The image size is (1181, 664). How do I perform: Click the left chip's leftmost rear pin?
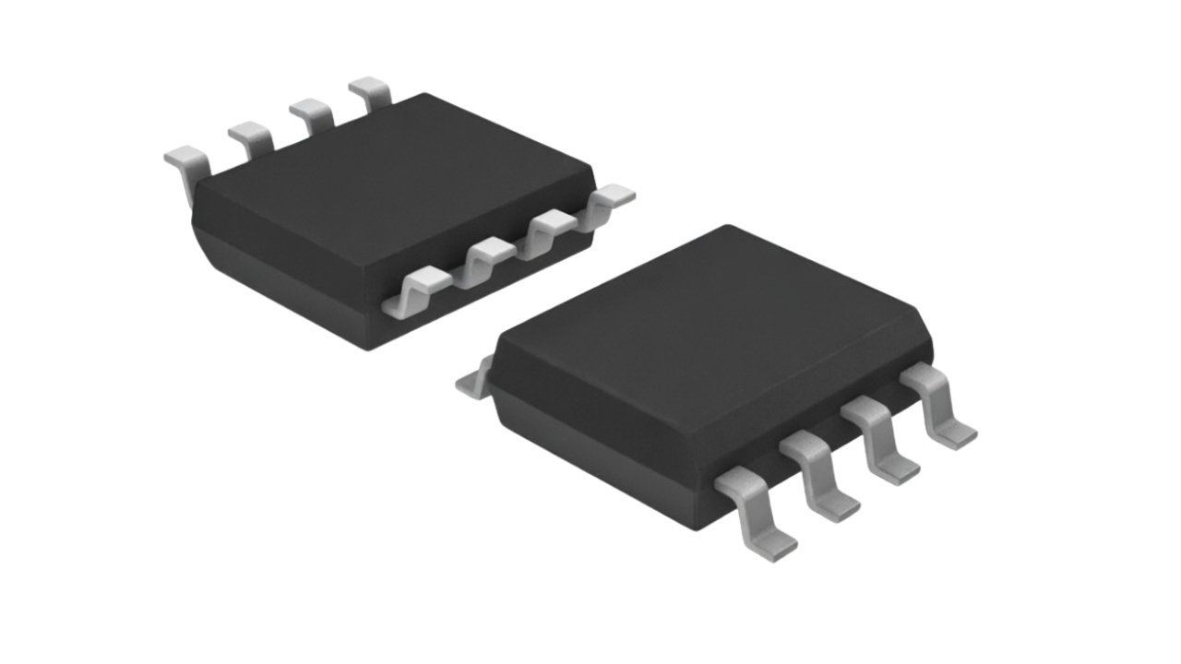tap(185, 159)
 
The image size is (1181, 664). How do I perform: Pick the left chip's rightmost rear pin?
tap(371, 92)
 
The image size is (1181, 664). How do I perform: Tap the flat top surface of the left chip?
tap(388, 175)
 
